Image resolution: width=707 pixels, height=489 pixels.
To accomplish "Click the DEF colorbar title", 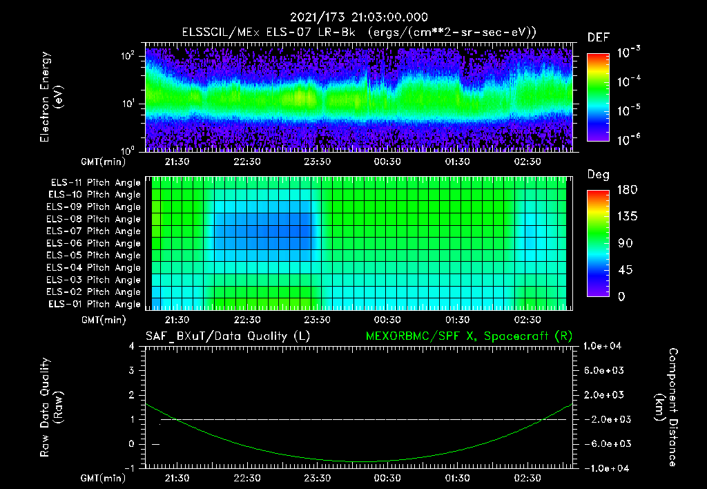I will tap(598, 37).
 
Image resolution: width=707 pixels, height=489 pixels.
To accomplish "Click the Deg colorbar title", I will tap(598, 175).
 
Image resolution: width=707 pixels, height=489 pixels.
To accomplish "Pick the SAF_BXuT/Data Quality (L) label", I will tap(227, 336).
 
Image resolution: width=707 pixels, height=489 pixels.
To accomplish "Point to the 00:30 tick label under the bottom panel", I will tap(387, 478).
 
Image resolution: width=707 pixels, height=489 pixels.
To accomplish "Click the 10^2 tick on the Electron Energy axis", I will tap(130, 56).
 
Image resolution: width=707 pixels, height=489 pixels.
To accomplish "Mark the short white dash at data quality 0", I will tap(156, 444).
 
